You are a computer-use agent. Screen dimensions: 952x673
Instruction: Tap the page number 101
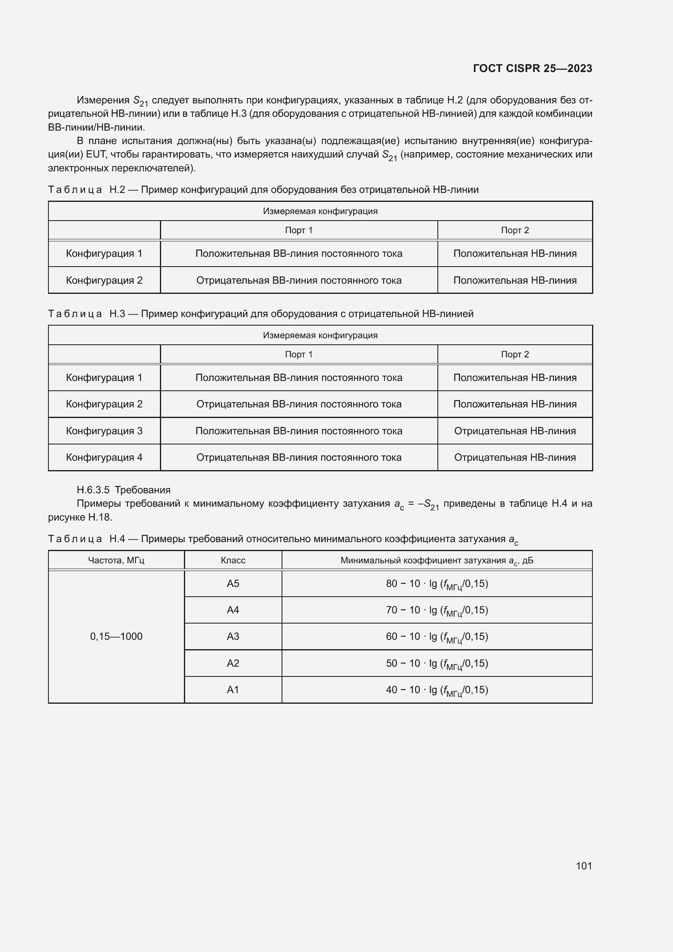tap(583, 866)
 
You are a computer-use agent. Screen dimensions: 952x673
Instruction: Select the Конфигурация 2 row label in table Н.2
tap(104, 280)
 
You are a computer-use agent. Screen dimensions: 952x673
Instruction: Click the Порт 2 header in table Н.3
tap(515, 355)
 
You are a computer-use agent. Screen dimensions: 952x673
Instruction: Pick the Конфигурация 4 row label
tap(104, 457)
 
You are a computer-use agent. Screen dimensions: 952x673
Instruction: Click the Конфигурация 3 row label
tap(104, 431)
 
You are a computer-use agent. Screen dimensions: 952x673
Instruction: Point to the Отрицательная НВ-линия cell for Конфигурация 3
tap(515, 431)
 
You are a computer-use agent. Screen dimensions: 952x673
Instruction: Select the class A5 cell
tap(233, 584)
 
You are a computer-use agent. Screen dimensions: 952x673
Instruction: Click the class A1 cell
tap(233, 689)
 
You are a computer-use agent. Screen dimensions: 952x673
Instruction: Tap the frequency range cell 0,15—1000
tap(116, 637)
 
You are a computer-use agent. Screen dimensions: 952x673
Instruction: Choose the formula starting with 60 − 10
tap(437, 637)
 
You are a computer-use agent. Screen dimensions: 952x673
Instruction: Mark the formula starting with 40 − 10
tap(437, 690)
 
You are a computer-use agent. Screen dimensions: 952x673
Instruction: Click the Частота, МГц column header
tap(116, 560)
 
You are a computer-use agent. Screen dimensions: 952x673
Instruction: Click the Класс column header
tap(233, 560)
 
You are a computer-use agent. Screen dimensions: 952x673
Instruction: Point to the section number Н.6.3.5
tap(93, 490)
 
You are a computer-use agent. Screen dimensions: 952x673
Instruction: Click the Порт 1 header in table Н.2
tap(298, 230)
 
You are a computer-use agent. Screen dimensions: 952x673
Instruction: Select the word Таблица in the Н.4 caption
tap(75, 539)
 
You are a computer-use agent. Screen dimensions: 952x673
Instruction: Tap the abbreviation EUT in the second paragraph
tap(96, 155)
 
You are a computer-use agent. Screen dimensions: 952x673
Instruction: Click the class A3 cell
tap(233, 637)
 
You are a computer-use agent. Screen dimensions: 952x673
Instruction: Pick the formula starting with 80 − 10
tap(437, 584)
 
